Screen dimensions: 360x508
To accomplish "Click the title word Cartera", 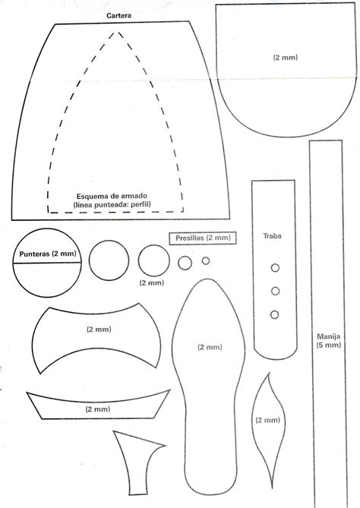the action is pyautogui.click(x=119, y=15).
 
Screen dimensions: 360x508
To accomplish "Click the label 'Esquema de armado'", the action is pyautogui.click(x=112, y=196).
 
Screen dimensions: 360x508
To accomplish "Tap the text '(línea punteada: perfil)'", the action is pyautogui.click(x=112, y=204).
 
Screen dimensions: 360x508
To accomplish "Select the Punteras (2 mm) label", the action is pyautogui.click(x=48, y=254).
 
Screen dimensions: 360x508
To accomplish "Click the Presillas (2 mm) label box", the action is pyautogui.click(x=203, y=238).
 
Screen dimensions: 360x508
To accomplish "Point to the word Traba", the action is pyautogui.click(x=272, y=236).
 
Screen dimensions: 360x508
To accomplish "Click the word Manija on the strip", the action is pyautogui.click(x=329, y=336).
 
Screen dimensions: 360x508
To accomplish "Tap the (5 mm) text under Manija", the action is pyautogui.click(x=329, y=345).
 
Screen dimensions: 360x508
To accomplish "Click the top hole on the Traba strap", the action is pyautogui.click(x=275, y=268).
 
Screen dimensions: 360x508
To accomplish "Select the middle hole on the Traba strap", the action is pyautogui.click(x=275, y=291).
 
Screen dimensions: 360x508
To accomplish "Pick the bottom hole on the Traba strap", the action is pyautogui.click(x=274, y=314).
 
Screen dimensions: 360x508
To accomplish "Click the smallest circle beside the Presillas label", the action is pyautogui.click(x=206, y=260).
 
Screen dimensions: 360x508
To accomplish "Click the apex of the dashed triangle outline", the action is pyautogui.click(x=118, y=32).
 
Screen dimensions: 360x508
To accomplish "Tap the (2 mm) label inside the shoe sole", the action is pyautogui.click(x=210, y=347).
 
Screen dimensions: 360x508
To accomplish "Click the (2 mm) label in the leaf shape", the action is pyautogui.click(x=267, y=420).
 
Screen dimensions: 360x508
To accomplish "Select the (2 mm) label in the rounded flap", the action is pyautogui.click(x=285, y=58).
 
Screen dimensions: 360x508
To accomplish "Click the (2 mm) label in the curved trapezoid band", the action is pyautogui.click(x=98, y=409).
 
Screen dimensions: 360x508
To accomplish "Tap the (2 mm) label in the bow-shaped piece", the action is pyautogui.click(x=99, y=330).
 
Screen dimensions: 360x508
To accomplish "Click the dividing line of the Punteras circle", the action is pyautogui.click(x=47, y=263).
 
